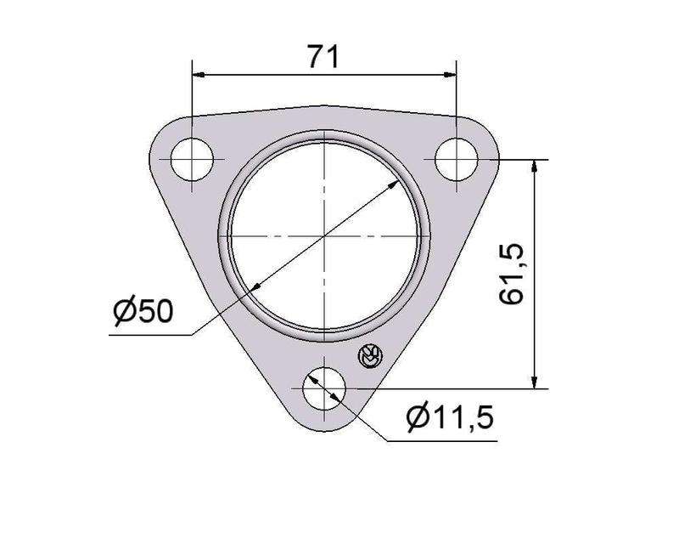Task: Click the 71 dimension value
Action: pyautogui.click(x=323, y=56)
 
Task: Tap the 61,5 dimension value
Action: pyautogui.click(x=512, y=275)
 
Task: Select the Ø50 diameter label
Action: pyautogui.click(x=143, y=310)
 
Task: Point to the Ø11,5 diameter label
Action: pyautogui.click(x=451, y=417)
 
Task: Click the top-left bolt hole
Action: pyautogui.click(x=193, y=159)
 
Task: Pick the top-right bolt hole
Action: pyautogui.click(x=456, y=159)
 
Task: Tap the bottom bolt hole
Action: pyautogui.click(x=324, y=388)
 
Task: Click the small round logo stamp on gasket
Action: pyautogui.click(x=370, y=357)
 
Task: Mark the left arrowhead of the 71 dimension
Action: pyautogui.click(x=199, y=75)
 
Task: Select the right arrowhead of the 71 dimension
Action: pyautogui.click(x=450, y=75)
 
